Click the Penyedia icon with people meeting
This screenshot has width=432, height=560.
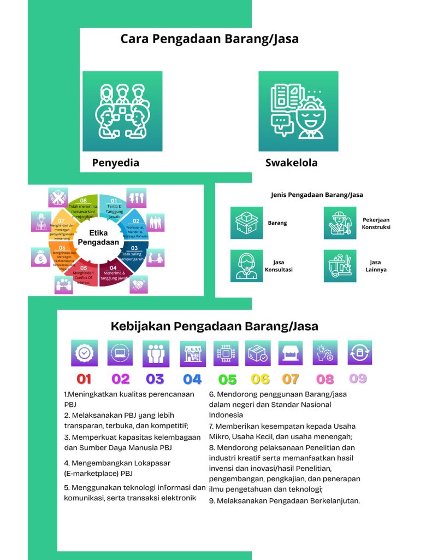coord(122,111)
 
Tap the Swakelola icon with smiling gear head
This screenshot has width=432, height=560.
coord(298,111)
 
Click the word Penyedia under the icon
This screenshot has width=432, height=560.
coord(115,162)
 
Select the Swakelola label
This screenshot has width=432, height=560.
coord(291,162)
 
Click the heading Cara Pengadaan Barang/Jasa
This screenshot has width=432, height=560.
coord(209,39)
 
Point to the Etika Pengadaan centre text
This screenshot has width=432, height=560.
coord(99,237)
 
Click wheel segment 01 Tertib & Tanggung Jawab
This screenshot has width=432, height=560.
coord(114,208)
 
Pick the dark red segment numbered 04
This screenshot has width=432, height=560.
coord(113,272)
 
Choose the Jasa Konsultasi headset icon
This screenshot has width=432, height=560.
coord(247,266)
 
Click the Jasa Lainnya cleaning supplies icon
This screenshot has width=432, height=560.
coord(340,266)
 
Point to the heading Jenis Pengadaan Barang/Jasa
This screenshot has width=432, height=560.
coord(317,194)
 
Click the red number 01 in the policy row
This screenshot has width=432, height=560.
coord(84,378)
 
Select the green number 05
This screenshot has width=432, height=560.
coord(227,379)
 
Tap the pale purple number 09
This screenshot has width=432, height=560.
coord(358,378)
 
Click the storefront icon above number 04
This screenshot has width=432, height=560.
coord(193,353)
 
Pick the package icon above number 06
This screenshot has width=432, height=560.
coord(258,353)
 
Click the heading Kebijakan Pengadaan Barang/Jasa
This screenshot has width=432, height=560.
coord(215,326)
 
